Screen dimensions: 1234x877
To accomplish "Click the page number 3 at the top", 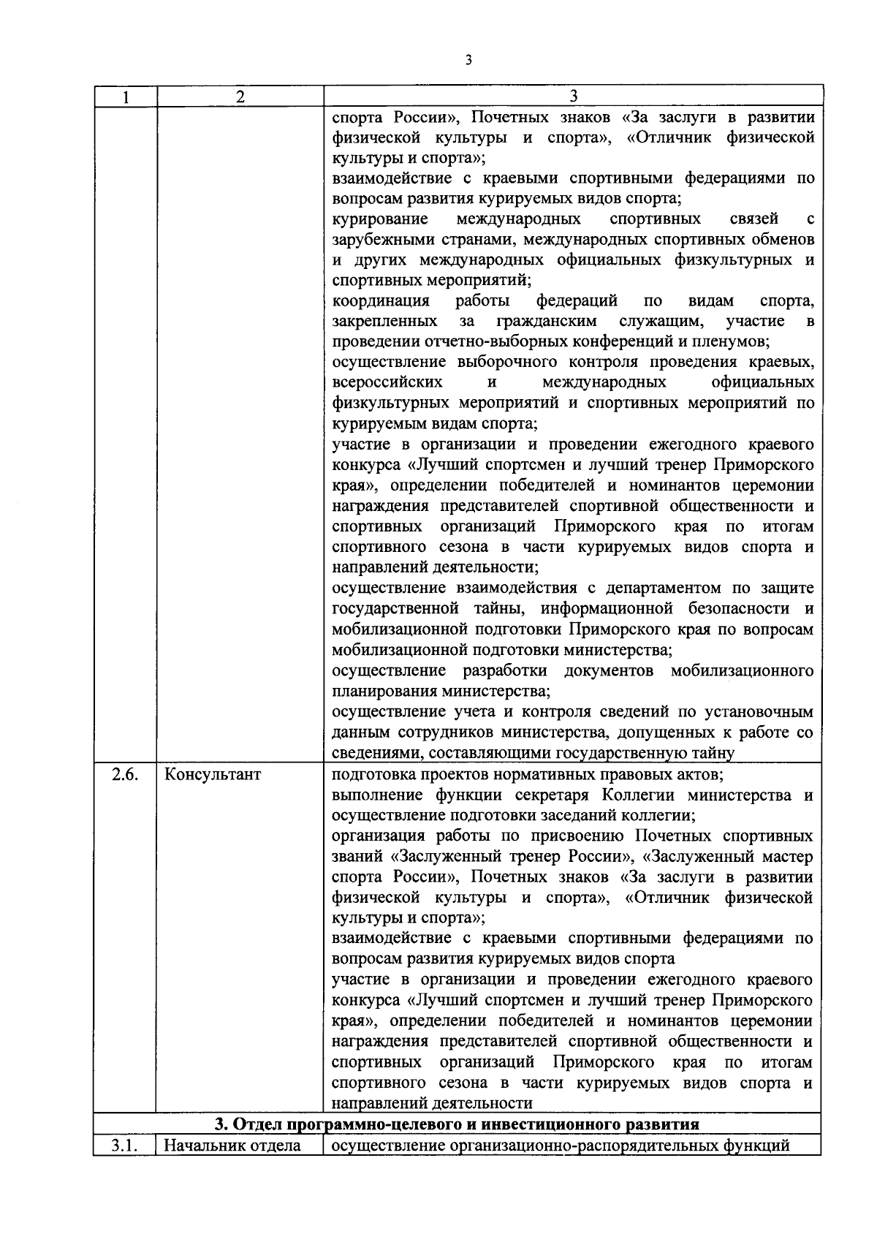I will (x=468, y=61).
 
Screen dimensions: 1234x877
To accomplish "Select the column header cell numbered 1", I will (x=125, y=96).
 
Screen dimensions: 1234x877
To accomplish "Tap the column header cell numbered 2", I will (x=240, y=96).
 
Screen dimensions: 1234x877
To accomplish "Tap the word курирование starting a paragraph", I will (x=380, y=219).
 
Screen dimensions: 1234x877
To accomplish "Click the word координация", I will (x=381, y=301).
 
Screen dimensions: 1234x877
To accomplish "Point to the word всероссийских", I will (x=387, y=383).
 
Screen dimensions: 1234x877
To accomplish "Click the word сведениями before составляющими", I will (x=376, y=753).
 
